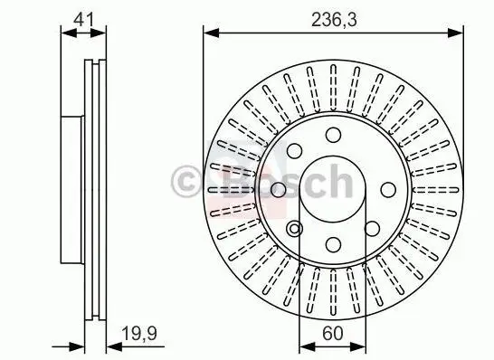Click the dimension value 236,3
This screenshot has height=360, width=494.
[x=334, y=21]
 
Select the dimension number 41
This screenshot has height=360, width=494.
[x=83, y=20]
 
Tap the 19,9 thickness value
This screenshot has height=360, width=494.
[x=139, y=333]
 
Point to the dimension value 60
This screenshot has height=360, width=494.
[x=332, y=333]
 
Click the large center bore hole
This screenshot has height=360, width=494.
[x=333, y=190]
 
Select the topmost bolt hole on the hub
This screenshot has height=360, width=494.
[x=333, y=135]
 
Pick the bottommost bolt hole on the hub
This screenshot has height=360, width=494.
[x=333, y=244]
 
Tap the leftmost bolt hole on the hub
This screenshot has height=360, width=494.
[x=279, y=190]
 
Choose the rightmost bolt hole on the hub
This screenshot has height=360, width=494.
[x=388, y=190]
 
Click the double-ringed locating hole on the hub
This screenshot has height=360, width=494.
[x=295, y=229]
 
